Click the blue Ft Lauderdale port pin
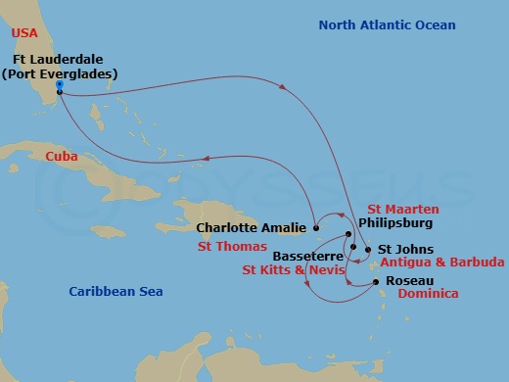(60, 87)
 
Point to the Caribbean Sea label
(116, 292)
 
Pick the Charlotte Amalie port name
(252, 227)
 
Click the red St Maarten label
(403, 208)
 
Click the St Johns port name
(400, 249)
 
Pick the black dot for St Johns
(367, 250)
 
